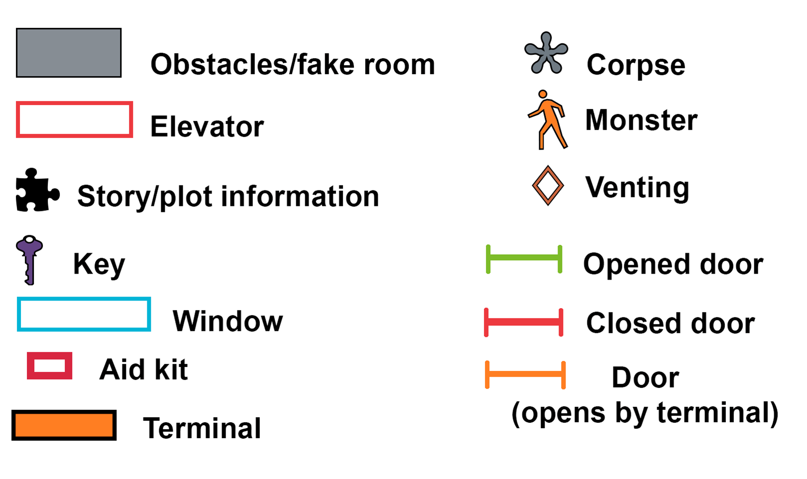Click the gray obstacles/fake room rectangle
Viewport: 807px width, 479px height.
(69, 53)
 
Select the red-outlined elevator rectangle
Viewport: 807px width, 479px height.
(74, 120)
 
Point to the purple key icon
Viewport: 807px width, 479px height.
(29, 259)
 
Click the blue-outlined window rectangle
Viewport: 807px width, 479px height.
(84, 314)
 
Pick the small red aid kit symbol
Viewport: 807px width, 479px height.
(50, 366)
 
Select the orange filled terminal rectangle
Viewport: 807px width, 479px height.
(64, 425)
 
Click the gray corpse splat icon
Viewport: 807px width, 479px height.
(546, 54)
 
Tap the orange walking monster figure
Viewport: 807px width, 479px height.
(548, 120)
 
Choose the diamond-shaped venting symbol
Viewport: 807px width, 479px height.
(548, 185)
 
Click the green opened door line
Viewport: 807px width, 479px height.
(524, 259)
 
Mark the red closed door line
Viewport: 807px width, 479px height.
(524, 322)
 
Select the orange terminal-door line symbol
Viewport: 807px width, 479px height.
(525, 374)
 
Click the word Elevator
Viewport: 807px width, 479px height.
(207, 127)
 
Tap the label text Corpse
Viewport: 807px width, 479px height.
(636, 65)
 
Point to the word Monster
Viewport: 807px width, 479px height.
(641, 120)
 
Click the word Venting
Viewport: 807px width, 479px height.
(637, 187)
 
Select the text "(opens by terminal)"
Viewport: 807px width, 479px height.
(645, 413)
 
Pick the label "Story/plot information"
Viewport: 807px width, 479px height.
(228, 196)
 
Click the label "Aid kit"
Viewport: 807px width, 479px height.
(143, 369)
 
